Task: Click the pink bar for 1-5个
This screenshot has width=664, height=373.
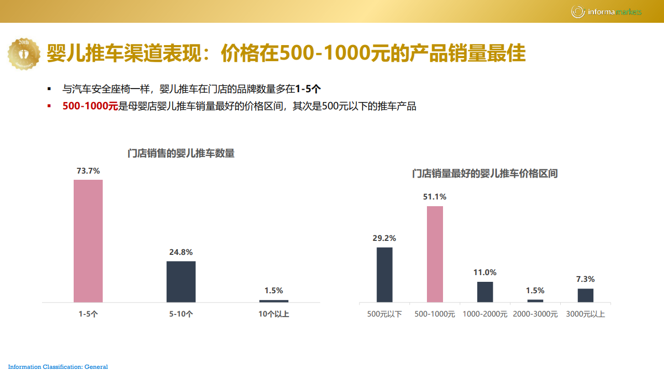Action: (88, 241)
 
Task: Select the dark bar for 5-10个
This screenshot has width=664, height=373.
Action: (181, 281)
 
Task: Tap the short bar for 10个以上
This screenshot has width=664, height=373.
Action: (274, 301)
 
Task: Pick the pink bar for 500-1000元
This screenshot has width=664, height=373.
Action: (435, 254)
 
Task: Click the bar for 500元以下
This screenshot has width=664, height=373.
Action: (384, 275)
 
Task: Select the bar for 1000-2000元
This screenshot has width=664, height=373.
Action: (485, 292)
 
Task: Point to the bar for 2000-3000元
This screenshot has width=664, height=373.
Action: (535, 301)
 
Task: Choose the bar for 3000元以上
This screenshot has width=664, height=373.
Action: (586, 295)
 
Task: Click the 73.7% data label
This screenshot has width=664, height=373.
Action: (88, 170)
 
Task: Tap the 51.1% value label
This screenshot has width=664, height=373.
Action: (435, 197)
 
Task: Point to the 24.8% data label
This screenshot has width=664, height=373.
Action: (181, 252)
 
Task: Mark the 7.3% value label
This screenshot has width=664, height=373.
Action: (586, 279)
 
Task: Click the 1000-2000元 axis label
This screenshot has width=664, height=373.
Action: (485, 314)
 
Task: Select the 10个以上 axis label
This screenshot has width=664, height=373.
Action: (274, 314)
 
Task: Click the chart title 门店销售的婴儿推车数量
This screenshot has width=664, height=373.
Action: (181, 153)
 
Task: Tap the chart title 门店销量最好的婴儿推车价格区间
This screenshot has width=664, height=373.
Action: (485, 174)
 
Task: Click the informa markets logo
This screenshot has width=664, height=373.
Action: (606, 11)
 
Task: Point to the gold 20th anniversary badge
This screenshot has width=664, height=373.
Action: (24, 53)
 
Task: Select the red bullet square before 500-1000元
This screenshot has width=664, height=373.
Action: (49, 106)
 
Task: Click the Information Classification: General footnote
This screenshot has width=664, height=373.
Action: (58, 367)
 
